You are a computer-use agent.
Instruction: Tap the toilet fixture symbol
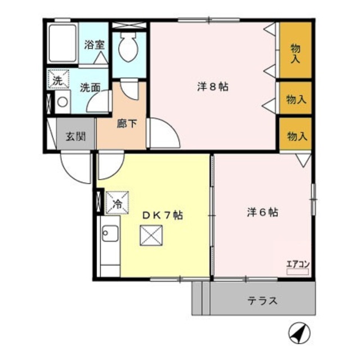click(x=129, y=48)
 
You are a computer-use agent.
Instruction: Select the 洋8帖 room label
click(x=212, y=87)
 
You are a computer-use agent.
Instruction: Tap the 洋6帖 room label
click(x=262, y=213)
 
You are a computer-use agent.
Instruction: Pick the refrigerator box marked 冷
click(x=118, y=203)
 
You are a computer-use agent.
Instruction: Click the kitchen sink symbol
click(x=110, y=233)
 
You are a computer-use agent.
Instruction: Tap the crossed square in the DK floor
click(x=150, y=236)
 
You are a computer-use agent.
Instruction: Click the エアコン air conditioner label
click(x=297, y=263)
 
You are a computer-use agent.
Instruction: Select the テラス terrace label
click(x=262, y=300)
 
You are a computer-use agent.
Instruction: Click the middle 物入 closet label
click(x=296, y=100)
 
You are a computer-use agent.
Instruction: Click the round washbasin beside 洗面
click(x=62, y=102)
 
